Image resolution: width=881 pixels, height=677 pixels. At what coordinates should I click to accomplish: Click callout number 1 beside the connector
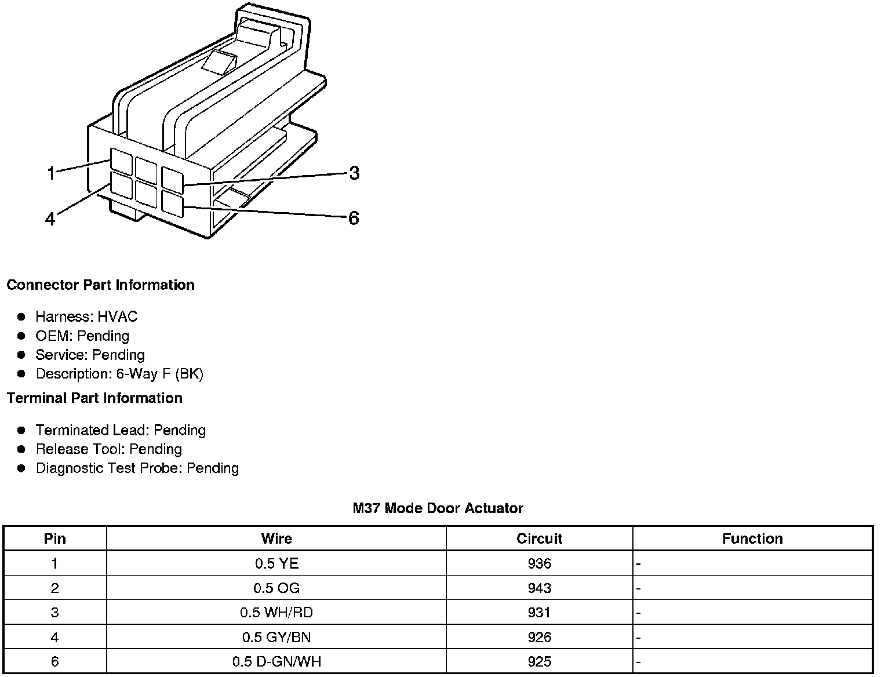[51, 173]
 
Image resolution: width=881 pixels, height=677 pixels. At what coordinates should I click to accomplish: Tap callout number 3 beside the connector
[354, 173]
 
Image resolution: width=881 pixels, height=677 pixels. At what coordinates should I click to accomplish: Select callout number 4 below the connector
[50, 219]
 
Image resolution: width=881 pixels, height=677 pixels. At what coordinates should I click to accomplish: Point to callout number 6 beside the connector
[354, 218]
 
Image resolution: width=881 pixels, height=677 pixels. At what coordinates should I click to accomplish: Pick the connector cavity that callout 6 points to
[172, 204]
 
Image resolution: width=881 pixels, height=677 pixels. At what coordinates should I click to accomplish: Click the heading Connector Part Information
[100, 285]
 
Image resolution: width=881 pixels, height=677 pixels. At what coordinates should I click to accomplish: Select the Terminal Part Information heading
[94, 398]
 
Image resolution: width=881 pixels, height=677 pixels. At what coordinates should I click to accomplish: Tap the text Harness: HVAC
[86, 316]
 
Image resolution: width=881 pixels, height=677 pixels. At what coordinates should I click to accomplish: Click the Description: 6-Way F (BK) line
[119, 374]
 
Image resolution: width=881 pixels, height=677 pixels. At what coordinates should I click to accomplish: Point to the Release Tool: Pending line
[108, 449]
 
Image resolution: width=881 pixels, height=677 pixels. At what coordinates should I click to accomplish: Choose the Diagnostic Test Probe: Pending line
[137, 468]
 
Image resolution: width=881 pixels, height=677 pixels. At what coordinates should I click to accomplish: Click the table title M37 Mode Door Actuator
[438, 508]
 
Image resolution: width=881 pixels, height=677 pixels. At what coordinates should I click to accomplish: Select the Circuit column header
[539, 538]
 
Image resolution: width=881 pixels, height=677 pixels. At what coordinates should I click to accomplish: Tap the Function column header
[752, 538]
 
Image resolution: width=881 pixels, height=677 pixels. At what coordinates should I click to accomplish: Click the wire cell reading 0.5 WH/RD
[276, 613]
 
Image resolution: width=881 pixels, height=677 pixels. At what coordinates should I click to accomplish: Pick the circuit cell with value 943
[539, 588]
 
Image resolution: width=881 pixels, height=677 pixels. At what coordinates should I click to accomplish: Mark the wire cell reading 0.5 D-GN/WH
[276, 661]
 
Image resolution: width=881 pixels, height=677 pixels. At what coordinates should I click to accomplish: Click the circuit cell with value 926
[539, 637]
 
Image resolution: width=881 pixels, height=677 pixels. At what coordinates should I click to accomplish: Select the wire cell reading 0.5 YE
[276, 563]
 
